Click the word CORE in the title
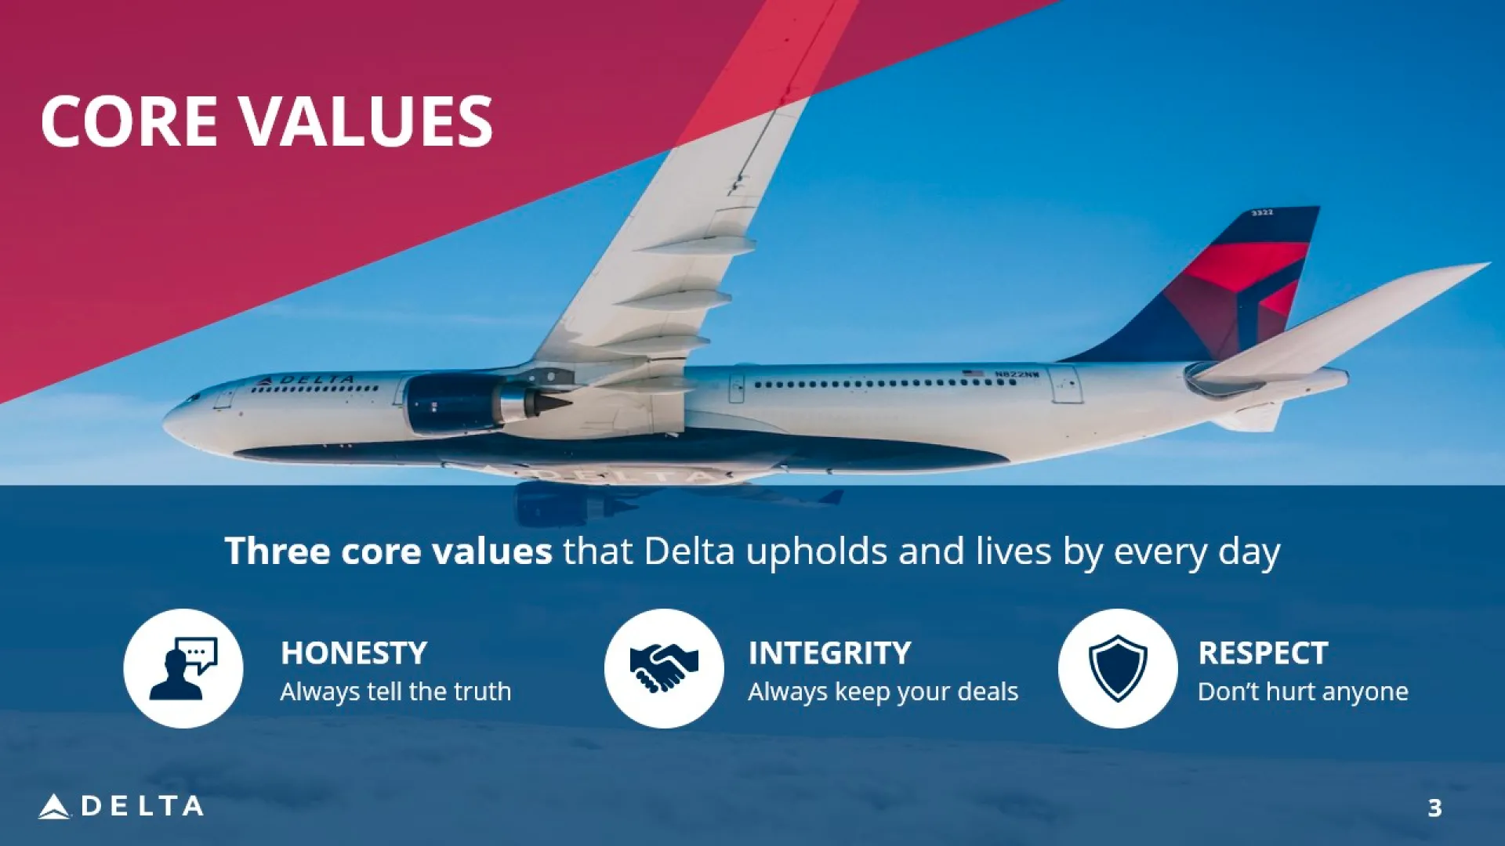[129, 121]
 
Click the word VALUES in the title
[366, 121]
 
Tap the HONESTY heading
[354, 653]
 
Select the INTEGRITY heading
[829, 653]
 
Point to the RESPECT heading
[1263, 653]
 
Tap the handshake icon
[664, 668]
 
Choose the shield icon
[1118, 668]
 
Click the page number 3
[1434, 808]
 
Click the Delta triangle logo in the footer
[53, 807]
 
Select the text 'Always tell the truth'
[396, 692]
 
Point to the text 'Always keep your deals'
[883, 692]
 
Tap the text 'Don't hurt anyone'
[1303, 692]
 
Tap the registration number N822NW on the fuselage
[1017, 374]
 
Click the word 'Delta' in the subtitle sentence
[689, 551]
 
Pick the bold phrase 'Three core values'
[388, 551]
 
